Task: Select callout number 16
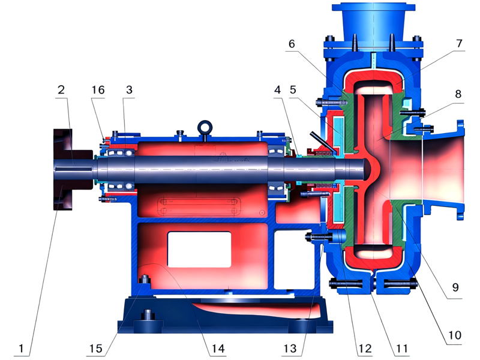pos(98,90)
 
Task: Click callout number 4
pos(277,90)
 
